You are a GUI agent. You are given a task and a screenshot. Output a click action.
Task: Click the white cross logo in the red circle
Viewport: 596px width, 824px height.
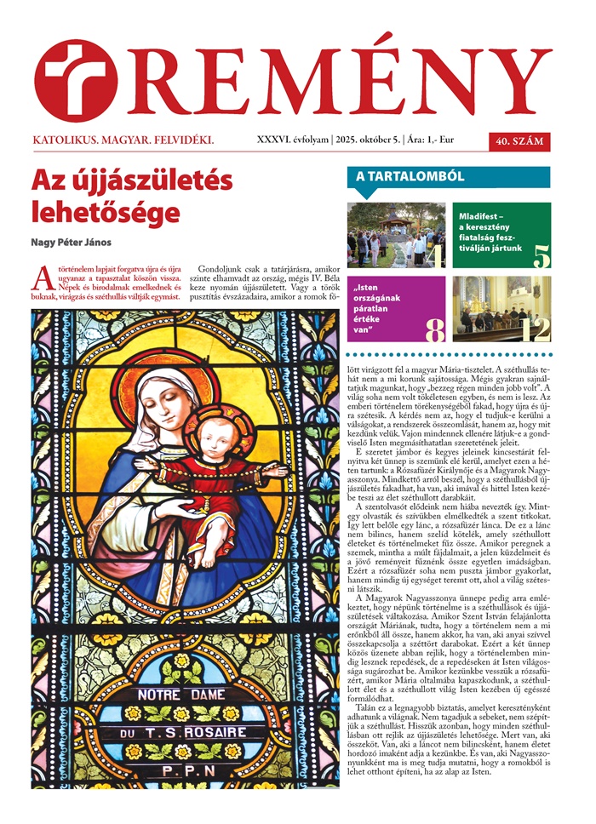coord(75,80)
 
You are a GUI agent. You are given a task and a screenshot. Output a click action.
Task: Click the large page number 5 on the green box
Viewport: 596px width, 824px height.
coord(542,255)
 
